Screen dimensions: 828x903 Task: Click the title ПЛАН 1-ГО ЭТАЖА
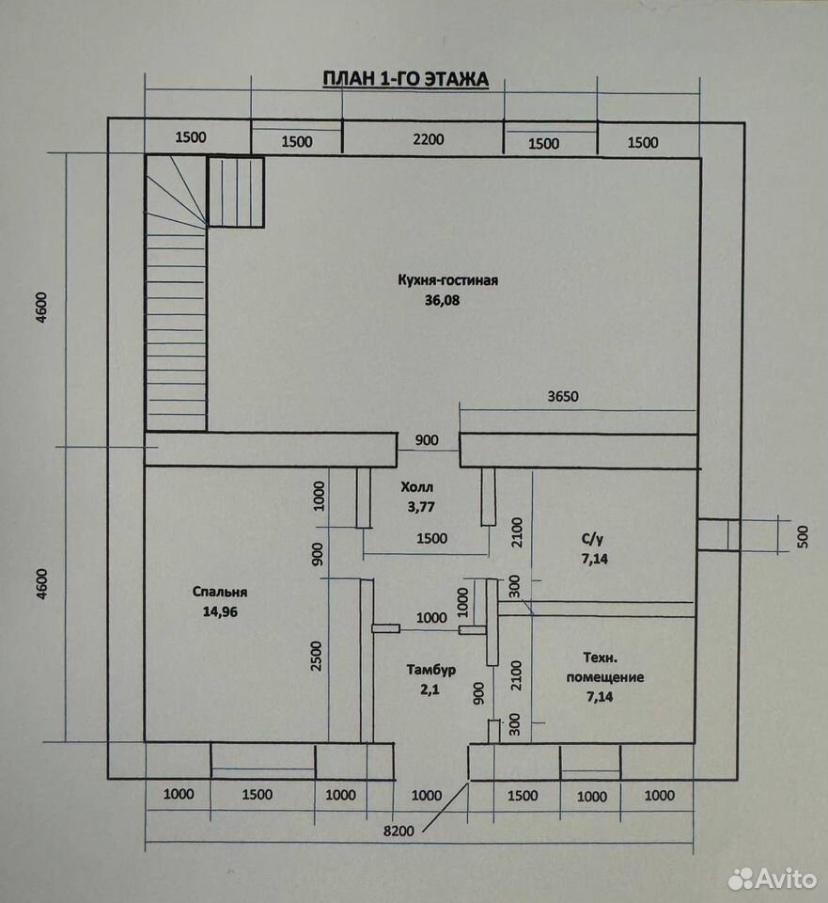coord(405,79)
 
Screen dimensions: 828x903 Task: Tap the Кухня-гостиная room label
coord(447,280)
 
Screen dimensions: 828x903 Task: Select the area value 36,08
coord(442,300)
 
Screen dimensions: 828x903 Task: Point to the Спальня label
coord(220,592)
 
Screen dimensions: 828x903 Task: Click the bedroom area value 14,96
coord(220,611)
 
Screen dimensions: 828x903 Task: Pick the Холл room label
coord(417,487)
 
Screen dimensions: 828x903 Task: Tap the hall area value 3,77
coord(421,507)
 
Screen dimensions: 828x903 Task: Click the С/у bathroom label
coord(592,539)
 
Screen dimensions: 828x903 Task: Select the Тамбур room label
coord(431,669)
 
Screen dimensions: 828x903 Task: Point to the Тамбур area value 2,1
coord(430,689)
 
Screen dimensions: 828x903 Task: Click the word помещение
coord(604,677)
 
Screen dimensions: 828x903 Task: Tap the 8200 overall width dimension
coord(398,831)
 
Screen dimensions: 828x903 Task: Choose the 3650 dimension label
coord(563,396)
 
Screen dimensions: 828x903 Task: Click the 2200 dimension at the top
coord(429,139)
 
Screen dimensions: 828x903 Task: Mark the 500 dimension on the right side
coord(804,536)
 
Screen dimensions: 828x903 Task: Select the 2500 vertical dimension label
coord(317,656)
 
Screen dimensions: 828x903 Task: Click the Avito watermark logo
coord(773,879)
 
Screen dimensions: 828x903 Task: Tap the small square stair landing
coord(236,192)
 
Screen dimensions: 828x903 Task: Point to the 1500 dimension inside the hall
coord(431,538)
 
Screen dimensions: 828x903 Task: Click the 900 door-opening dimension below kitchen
coord(427,440)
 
